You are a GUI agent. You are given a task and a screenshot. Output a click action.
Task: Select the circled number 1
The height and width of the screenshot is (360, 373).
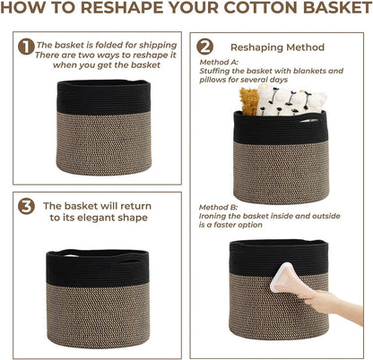(x=27, y=46)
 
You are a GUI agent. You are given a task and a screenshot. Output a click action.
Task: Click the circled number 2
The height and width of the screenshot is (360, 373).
(x=205, y=46)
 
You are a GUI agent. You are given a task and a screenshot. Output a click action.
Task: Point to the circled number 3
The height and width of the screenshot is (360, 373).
(x=27, y=207)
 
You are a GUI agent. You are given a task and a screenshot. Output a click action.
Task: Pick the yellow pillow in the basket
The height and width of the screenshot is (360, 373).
(x=247, y=100)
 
